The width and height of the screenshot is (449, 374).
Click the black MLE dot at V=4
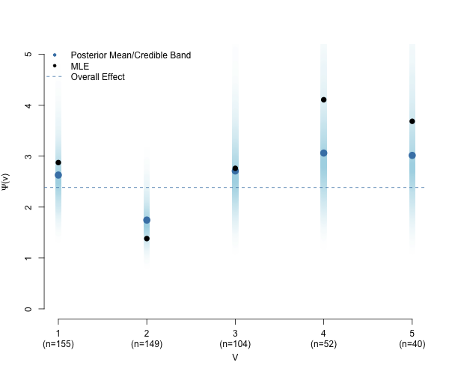pos(323,99)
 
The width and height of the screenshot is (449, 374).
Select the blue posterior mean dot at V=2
pos(147,220)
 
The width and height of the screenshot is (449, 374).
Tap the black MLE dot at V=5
pos(412,121)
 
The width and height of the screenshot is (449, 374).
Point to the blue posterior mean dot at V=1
pos(58,175)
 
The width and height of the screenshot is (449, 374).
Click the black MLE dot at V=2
pos(147,239)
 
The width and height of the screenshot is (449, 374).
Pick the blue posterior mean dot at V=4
pos(323,153)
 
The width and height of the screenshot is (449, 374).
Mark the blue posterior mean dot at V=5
pos(412,156)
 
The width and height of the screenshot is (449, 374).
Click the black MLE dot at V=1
pos(58,162)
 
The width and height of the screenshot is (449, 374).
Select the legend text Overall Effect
pos(97,77)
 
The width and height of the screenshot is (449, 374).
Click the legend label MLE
pos(80,67)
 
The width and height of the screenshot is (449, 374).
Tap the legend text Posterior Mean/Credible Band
pos(131,55)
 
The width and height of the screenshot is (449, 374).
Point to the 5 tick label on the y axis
pos(28,54)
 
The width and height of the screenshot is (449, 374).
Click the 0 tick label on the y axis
pos(28,309)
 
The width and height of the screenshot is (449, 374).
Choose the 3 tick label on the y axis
pos(28,156)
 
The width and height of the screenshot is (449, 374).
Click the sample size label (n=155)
pos(58,343)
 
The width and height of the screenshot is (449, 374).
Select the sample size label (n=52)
pos(323,343)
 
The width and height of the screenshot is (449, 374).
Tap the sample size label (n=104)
pos(235,343)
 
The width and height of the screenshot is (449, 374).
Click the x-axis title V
pos(235,357)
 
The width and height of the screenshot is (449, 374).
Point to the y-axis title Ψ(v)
pos(5,182)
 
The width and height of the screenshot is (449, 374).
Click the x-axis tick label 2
pos(147,334)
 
